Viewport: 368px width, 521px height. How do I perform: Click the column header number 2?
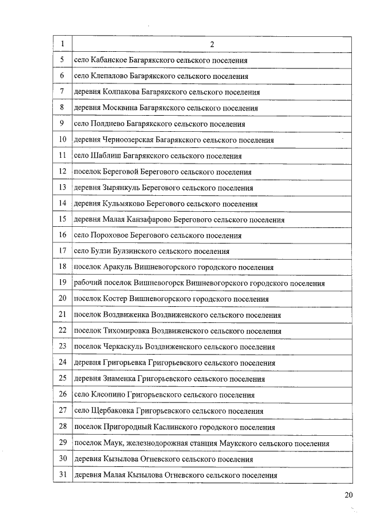coord(212,44)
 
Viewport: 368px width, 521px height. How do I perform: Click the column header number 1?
coord(62,44)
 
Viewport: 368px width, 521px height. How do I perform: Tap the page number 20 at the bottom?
coord(349,495)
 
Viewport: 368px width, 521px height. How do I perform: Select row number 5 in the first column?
coord(62,60)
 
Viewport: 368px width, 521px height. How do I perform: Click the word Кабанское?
coord(109,60)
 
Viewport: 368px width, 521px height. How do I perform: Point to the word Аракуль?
coord(117,267)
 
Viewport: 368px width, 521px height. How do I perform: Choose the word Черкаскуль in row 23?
coord(123,347)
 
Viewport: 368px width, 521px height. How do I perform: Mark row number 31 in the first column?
coord(62,475)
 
